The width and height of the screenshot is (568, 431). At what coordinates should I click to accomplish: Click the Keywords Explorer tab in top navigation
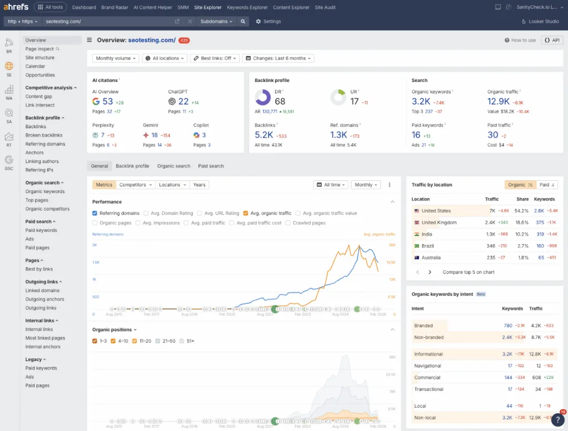(x=247, y=7)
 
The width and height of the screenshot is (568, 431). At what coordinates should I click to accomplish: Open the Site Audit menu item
(x=326, y=7)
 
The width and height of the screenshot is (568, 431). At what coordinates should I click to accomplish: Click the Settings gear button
(x=268, y=21)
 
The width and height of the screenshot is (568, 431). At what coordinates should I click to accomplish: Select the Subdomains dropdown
(x=216, y=21)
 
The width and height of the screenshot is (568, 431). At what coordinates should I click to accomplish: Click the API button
(x=552, y=40)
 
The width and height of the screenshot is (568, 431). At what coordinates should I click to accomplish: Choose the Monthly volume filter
(x=115, y=58)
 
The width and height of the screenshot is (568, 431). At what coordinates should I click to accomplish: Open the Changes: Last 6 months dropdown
(x=278, y=58)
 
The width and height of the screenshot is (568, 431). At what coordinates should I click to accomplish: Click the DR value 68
(x=280, y=101)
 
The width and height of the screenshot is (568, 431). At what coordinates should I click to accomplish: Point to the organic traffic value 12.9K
(x=499, y=101)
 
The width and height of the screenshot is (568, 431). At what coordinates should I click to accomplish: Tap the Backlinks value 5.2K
(x=265, y=135)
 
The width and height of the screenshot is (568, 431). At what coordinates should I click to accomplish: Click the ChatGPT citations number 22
(x=183, y=102)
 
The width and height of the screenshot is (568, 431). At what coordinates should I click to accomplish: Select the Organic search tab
(x=174, y=166)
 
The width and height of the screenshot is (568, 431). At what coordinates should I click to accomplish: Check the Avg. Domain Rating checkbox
(x=146, y=213)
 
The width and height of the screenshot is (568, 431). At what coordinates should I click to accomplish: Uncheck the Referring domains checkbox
(x=95, y=213)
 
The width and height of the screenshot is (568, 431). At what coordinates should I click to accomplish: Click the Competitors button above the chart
(x=135, y=185)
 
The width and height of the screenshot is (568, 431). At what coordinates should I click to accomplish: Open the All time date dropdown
(x=331, y=185)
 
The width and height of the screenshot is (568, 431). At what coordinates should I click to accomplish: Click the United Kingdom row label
(x=439, y=222)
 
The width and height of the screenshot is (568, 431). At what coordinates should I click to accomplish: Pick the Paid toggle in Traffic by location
(x=546, y=185)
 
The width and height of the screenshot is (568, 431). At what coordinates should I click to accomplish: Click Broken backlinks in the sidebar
(x=44, y=135)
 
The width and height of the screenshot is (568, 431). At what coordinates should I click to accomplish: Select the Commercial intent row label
(x=428, y=377)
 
